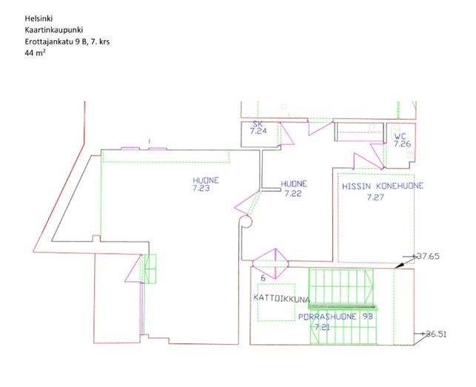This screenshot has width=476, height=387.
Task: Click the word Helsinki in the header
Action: click(x=38, y=18)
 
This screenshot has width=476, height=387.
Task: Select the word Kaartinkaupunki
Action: click(x=54, y=30)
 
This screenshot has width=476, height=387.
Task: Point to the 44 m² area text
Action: click(x=36, y=53)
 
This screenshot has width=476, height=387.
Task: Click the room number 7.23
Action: click(x=201, y=189)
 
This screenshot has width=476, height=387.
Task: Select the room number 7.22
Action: click(x=293, y=194)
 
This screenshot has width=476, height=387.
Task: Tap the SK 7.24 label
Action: click(x=258, y=128)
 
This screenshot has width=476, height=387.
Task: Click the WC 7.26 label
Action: click(x=402, y=141)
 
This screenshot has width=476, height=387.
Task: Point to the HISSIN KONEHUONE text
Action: click(x=383, y=186)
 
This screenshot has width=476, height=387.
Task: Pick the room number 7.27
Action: click(x=375, y=198)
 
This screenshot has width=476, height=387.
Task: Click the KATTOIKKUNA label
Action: click(x=282, y=298)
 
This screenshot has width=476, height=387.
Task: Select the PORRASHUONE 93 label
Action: click(x=335, y=317)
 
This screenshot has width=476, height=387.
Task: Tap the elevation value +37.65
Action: click(x=426, y=256)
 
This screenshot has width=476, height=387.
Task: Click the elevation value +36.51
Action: click(x=434, y=334)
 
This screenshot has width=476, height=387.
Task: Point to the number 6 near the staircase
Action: click(x=264, y=277)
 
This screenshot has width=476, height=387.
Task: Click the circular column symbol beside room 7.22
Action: click(x=247, y=221)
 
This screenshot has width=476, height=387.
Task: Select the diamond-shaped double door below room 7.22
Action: click(x=270, y=263)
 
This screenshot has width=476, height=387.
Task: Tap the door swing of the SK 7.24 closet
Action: click(x=286, y=134)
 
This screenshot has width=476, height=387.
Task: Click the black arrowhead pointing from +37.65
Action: click(x=399, y=266)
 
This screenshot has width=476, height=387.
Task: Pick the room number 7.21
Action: click(x=323, y=328)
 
